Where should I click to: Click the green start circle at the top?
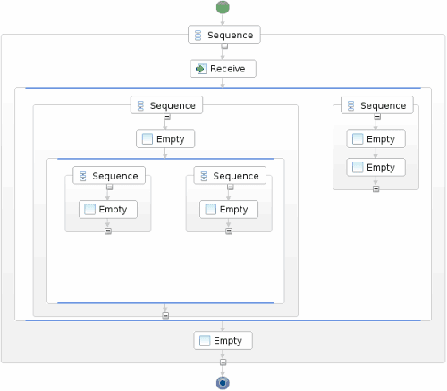point(223,7)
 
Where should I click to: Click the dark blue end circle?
point(223,383)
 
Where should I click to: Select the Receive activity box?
point(223,69)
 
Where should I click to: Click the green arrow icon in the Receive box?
point(200,69)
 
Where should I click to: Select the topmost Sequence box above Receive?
point(223,35)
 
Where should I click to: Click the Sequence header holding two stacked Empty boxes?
point(375,105)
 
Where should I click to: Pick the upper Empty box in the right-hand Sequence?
point(375,139)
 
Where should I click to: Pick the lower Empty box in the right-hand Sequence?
point(375,167)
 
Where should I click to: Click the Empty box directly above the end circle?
point(223,340)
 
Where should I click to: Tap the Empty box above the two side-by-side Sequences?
point(165,139)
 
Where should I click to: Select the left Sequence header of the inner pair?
point(108,176)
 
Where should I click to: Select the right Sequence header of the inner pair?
point(229,176)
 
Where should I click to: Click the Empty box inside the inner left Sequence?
point(108,210)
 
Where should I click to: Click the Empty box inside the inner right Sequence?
point(229,210)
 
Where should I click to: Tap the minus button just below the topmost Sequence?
point(223,46)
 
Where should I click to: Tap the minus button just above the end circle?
point(223,362)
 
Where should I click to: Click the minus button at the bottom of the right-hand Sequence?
point(375,188)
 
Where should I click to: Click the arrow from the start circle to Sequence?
point(223,20)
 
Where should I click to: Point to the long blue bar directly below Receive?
point(223,88)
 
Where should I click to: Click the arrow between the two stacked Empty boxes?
point(375,153)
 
